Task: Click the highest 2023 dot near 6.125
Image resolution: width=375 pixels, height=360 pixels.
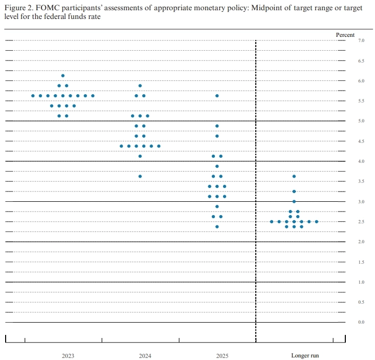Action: pyautogui.click(x=63, y=76)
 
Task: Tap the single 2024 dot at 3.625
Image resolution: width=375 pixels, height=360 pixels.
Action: pyautogui.click(x=140, y=176)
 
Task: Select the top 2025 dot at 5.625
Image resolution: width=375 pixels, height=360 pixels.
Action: pyautogui.click(x=217, y=96)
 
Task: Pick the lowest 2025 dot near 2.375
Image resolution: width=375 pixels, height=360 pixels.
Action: pyautogui.click(x=217, y=226)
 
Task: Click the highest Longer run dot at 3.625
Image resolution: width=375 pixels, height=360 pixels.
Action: pyautogui.click(x=294, y=176)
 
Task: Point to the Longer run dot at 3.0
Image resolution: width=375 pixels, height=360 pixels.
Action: pyautogui.click(x=294, y=201)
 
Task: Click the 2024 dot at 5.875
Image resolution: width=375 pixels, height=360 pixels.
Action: pyautogui.click(x=140, y=86)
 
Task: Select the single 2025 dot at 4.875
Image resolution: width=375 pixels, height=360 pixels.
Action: pyautogui.click(x=217, y=126)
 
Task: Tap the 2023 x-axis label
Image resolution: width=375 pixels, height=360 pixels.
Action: pyautogui.click(x=68, y=355)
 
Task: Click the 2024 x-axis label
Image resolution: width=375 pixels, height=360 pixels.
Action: pyautogui.click(x=145, y=355)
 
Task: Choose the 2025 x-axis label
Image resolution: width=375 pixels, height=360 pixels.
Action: pyautogui.click(x=222, y=355)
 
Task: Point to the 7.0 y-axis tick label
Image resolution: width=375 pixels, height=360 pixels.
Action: pyautogui.click(x=361, y=40)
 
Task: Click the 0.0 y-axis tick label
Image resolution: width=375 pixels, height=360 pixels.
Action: pyautogui.click(x=361, y=322)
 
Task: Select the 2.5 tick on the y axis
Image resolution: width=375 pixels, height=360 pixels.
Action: pyautogui.click(x=361, y=222)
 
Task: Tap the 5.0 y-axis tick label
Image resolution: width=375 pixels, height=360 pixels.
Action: pyautogui.click(x=361, y=121)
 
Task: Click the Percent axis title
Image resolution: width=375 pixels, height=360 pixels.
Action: pyautogui.click(x=345, y=34)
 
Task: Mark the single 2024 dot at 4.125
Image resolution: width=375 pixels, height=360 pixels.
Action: pyautogui.click(x=140, y=156)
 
